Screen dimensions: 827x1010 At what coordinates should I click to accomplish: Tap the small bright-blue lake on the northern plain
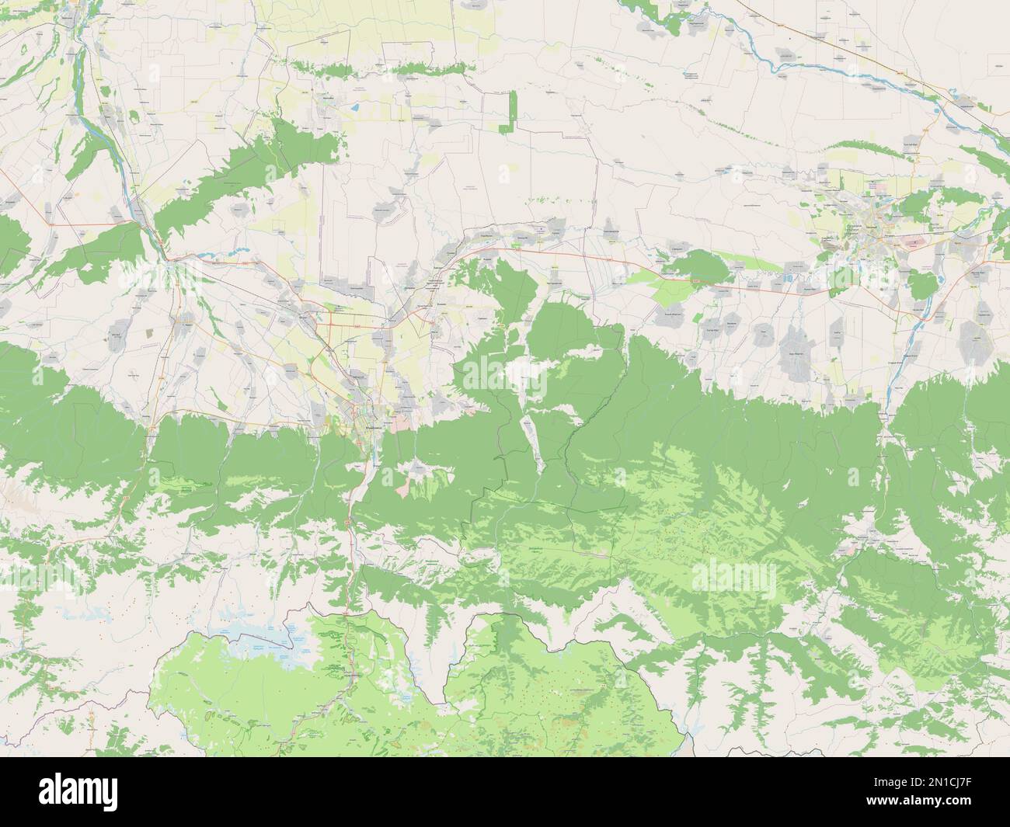(x=354, y=107)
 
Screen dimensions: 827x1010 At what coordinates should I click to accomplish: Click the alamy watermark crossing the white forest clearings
(x=504, y=372)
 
